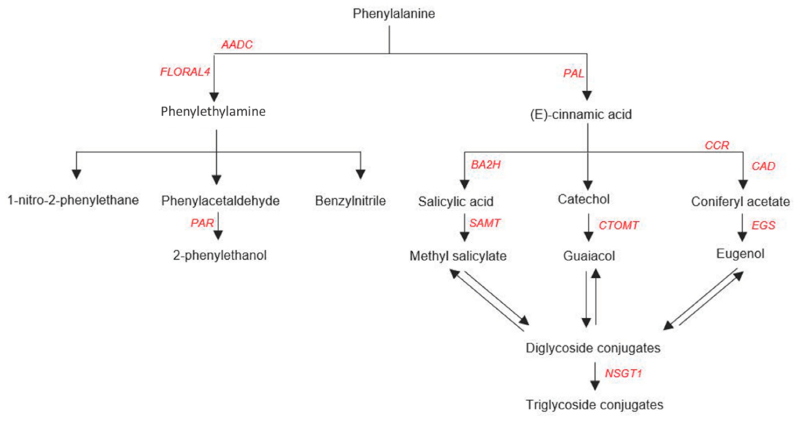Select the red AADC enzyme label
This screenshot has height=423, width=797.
pos(237,45)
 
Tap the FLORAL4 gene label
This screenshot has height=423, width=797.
pos(185,72)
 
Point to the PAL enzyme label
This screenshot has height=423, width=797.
pos(573,73)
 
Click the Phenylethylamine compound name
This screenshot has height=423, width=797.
pos(213,111)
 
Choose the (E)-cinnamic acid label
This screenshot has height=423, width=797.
pos(581,114)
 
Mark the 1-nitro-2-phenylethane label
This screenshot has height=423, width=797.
pos(73,200)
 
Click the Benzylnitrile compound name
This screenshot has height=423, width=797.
pos(350,201)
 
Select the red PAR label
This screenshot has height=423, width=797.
pos(202,223)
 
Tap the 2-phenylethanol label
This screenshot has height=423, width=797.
pos(220,255)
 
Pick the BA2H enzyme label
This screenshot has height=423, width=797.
pos(485,165)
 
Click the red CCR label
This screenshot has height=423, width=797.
pos(717,145)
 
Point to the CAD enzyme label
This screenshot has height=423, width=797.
pos(763,166)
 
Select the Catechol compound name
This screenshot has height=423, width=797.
pos(584,199)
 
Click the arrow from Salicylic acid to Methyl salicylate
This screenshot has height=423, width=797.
pos(464,228)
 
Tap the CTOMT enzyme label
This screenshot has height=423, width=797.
pos(618,225)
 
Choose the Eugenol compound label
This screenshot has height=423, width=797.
pos(740,254)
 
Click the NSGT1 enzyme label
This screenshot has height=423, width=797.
pos(623,374)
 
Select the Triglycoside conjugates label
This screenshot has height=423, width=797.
pos(594,405)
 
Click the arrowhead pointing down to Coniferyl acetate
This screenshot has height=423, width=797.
pos(743,184)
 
